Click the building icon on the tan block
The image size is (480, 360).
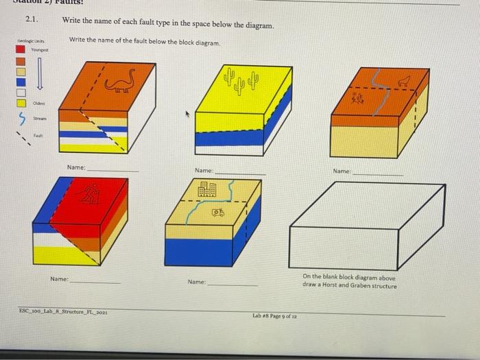click(x=207, y=189)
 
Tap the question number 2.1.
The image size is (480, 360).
click(x=32, y=20)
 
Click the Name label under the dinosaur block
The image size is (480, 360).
click(x=76, y=167)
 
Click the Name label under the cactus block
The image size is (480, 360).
click(x=204, y=170)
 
